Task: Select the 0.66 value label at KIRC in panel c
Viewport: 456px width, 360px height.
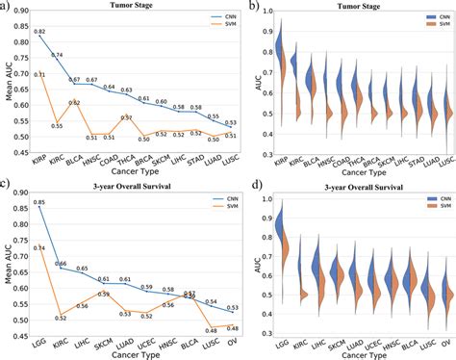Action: tap(60, 264)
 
